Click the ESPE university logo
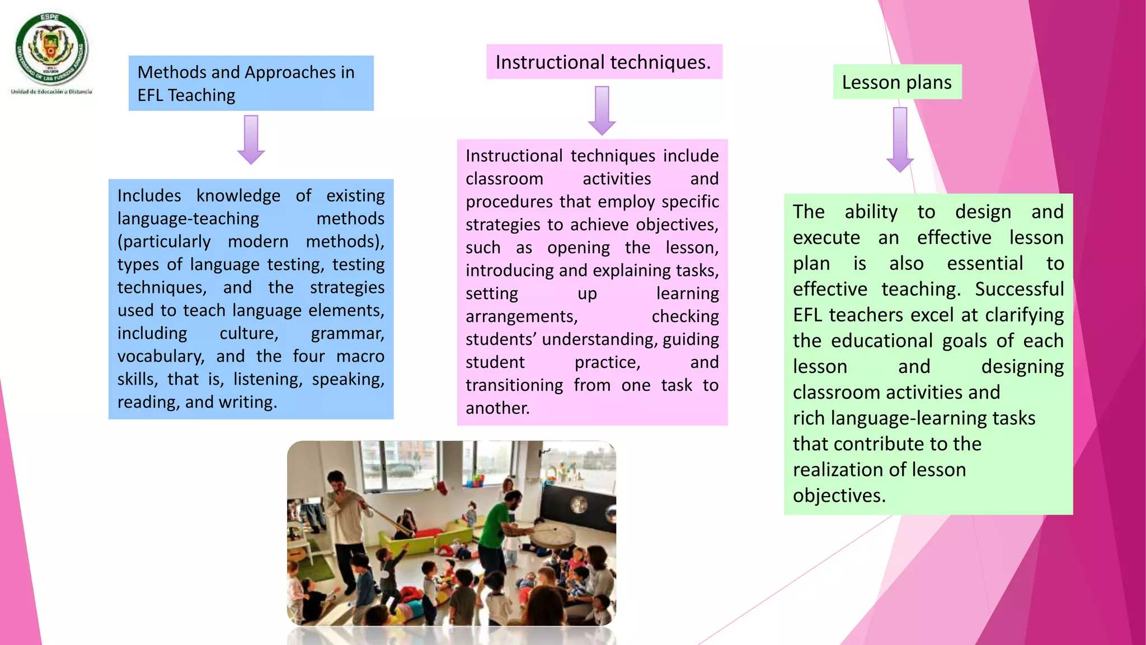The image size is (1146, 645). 51,49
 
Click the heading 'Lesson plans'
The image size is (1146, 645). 896,82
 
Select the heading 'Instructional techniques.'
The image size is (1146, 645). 603,62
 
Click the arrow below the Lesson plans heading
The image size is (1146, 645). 900,139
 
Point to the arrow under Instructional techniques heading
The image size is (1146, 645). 602,110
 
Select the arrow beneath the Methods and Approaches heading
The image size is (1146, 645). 251,139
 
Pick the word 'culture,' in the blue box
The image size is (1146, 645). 249,333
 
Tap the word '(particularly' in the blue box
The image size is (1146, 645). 164,241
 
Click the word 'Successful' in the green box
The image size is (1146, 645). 1019,289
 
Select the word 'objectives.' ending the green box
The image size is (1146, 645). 839,496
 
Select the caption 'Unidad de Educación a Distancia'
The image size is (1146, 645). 51,92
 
